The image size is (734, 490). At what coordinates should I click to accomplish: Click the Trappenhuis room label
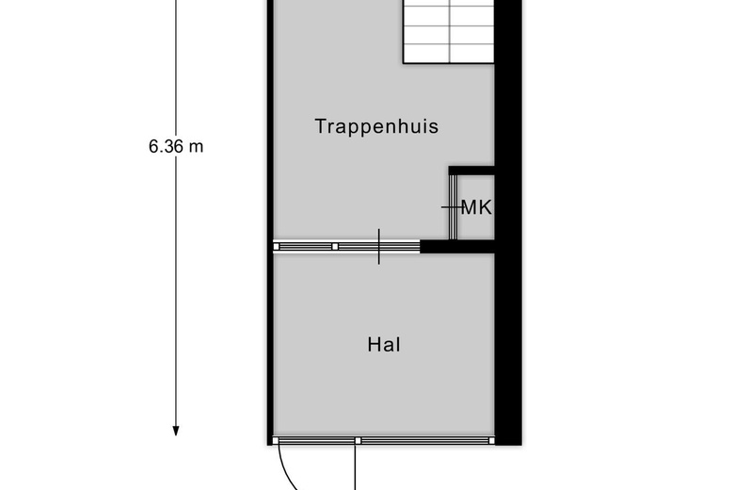click(376, 126)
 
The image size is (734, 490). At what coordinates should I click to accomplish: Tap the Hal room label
click(384, 345)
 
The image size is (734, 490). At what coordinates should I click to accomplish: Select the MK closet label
click(476, 207)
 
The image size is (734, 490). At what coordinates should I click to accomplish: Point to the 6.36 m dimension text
click(176, 147)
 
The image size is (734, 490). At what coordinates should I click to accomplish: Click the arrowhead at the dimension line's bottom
click(176, 431)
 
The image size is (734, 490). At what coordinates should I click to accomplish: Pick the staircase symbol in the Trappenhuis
click(449, 31)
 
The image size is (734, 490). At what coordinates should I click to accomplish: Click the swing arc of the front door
click(286, 470)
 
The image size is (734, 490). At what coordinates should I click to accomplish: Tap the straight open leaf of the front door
click(355, 467)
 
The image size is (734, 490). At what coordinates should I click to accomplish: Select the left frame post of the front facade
click(276, 440)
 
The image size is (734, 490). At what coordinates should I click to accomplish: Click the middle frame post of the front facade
click(358, 441)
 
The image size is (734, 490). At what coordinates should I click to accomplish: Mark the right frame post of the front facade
click(491, 440)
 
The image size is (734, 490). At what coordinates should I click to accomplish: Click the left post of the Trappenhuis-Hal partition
click(276, 246)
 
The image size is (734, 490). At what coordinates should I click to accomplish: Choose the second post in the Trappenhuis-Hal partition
click(335, 246)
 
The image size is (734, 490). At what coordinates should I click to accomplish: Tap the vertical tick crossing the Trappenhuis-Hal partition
click(378, 247)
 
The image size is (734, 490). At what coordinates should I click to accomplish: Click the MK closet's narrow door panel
click(453, 206)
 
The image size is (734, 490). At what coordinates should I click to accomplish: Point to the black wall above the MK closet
click(471, 171)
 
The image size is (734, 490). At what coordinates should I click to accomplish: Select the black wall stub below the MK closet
click(457, 246)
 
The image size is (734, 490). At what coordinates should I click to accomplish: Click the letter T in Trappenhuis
click(321, 125)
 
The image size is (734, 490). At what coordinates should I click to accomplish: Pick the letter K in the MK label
click(486, 207)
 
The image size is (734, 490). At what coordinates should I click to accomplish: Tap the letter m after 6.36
click(196, 147)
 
